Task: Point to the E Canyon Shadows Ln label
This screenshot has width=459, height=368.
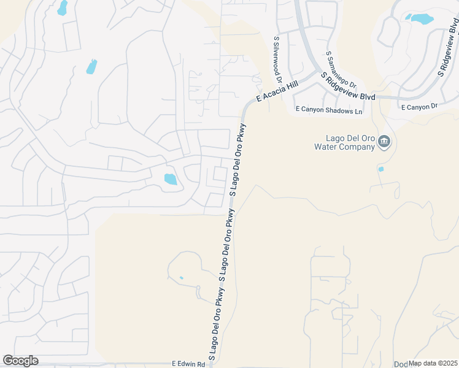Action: click(329, 110)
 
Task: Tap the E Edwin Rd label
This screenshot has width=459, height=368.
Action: click(188, 363)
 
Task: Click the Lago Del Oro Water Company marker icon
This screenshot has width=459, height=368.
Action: click(384, 142)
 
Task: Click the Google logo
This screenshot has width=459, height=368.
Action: click(20, 361)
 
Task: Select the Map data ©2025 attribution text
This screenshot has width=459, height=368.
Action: click(433, 363)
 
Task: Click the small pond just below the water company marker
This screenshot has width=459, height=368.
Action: click(381, 169)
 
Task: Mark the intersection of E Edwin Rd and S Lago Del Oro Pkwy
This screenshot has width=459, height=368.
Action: click(211, 363)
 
